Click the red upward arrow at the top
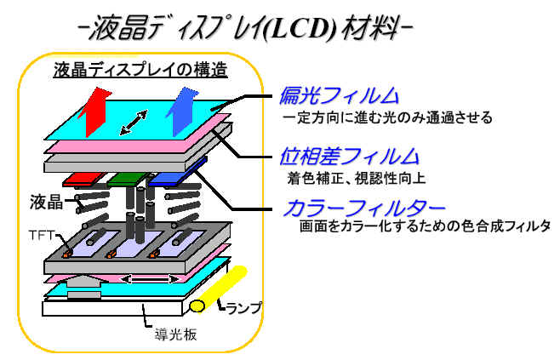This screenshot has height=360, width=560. tap(95, 112)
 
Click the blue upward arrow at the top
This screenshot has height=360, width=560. tap(182, 111)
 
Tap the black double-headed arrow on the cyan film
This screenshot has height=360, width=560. tap(134, 123)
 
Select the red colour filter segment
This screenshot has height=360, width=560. tap(84, 180)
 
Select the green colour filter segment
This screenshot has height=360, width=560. tap(127, 180)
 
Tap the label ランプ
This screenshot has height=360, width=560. tap(244, 309)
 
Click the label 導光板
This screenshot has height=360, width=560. tap(175, 335)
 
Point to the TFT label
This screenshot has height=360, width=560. tap(41, 236)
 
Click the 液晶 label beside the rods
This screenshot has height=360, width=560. tap(47, 203)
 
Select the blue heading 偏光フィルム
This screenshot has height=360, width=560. tap(339, 96)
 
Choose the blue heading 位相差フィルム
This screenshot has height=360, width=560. tap(349, 157)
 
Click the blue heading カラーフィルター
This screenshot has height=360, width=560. tap(364, 208)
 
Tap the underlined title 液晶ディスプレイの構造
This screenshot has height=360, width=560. tap(140, 70)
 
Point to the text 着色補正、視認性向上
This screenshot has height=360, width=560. tap(357, 179)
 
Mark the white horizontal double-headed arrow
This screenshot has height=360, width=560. tap(149, 279)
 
